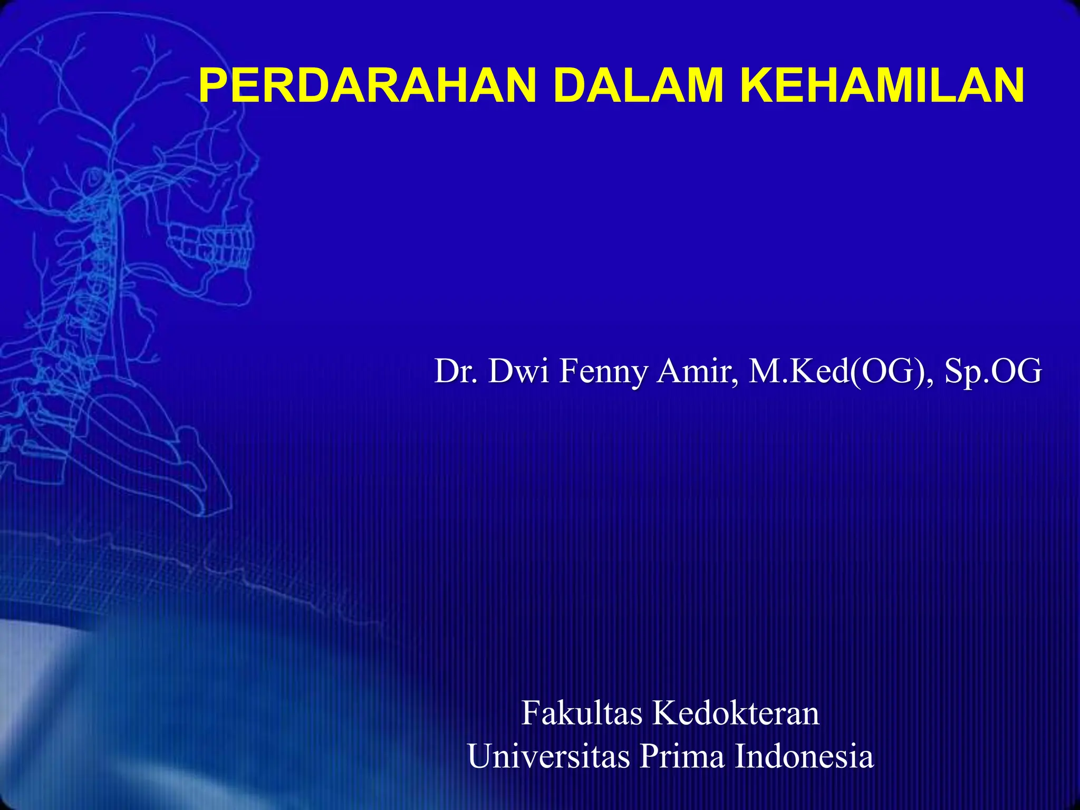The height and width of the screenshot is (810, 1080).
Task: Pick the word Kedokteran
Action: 736,713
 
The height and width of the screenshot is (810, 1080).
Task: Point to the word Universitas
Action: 548,756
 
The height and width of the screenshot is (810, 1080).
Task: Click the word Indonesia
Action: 804,756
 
